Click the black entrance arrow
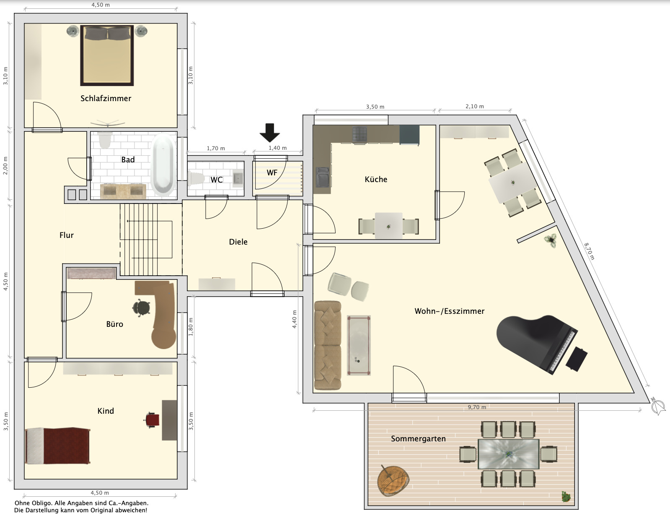tap(270, 133)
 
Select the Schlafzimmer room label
tap(106, 99)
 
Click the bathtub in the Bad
tap(163, 165)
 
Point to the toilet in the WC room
tap(196, 179)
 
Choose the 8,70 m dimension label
tap(589, 251)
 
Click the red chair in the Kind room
tap(153, 420)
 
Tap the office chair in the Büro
tap(142, 308)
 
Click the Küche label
tap(376, 180)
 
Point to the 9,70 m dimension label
tap(477, 407)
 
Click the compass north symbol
tap(658, 406)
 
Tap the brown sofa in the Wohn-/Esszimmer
tap(328, 345)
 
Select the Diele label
tap(238, 242)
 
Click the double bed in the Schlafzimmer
tap(107, 55)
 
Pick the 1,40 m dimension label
tap(277, 148)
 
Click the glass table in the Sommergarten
tap(508, 454)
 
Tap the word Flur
tap(67, 235)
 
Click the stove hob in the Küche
tap(360, 135)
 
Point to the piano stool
tap(577, 359)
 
